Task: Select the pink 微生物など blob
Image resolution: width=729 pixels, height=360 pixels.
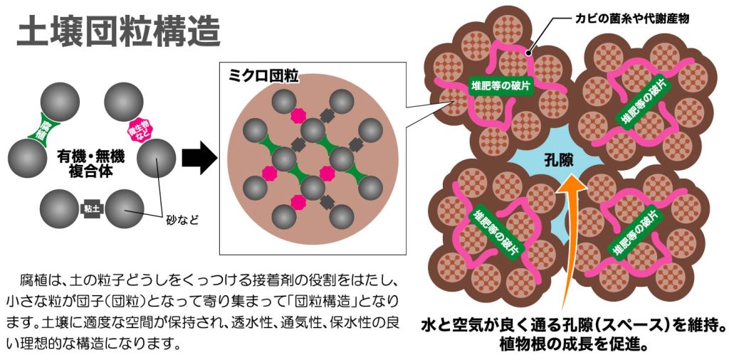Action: [138, 129]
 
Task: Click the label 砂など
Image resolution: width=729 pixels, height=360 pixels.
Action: [181, 221]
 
